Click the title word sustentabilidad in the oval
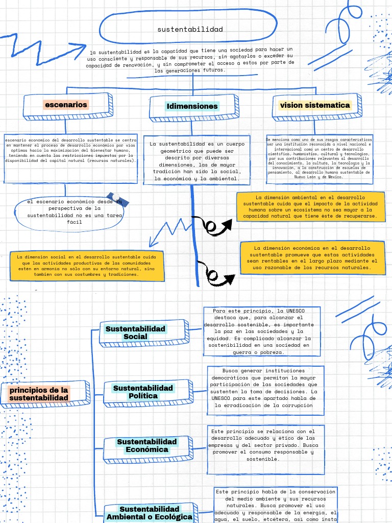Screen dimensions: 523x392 [x=190, y=29]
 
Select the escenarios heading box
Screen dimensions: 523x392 [x=66, y=105]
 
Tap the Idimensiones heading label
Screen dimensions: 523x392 [x=192, y=106]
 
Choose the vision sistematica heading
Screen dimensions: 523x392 [x=315, y=105]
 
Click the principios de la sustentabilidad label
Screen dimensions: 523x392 [x=39, y=394]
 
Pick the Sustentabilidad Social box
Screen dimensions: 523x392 [x=135, y=332]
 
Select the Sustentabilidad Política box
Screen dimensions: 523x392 [x=143, y=392]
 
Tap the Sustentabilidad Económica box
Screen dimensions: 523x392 [x=147, y=445]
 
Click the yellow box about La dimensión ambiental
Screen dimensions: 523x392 [x=310, y=206]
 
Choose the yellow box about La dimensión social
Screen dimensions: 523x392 [x=86, y=265]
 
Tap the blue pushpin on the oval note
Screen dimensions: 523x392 [x=118, y=199]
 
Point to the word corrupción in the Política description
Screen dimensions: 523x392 [x=292, y=405]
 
